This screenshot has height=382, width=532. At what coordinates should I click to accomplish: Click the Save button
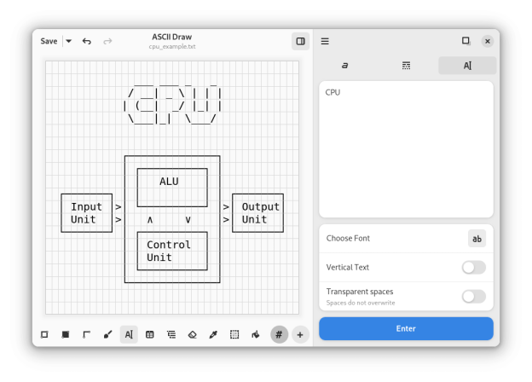click(49, 41)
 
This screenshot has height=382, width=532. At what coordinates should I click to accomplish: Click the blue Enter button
click(406, 328)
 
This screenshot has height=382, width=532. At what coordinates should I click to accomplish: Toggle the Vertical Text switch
click(473, 268)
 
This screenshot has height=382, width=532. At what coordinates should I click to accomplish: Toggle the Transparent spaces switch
click(473, 297)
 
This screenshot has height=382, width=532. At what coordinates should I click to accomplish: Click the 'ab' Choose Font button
click(477, 239)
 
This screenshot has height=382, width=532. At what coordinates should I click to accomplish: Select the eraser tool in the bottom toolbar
click(192, 335)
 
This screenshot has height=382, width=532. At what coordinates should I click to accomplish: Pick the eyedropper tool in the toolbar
click(213, 335)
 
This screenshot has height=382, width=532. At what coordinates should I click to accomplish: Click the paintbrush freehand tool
click(107, 335)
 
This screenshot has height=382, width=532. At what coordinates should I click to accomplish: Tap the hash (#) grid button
click(279, 335)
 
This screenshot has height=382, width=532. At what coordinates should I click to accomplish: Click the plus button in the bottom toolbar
click(300, 335)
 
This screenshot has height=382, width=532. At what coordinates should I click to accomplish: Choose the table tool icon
click(150, 335)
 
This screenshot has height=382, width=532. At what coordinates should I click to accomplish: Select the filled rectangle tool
click(66, 335)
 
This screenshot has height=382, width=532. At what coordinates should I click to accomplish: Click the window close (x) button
click(487, 41)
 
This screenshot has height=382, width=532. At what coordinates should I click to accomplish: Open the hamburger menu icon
click(325, 41)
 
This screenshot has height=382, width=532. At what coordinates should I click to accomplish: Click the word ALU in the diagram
click(169, 182)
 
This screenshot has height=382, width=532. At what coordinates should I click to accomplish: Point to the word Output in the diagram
click(260, 207)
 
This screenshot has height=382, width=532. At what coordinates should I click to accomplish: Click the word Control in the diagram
click(169, 245)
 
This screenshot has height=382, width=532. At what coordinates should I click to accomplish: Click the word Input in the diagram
click(86, 207)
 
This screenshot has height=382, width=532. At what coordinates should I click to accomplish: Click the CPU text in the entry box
click(332, 92)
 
